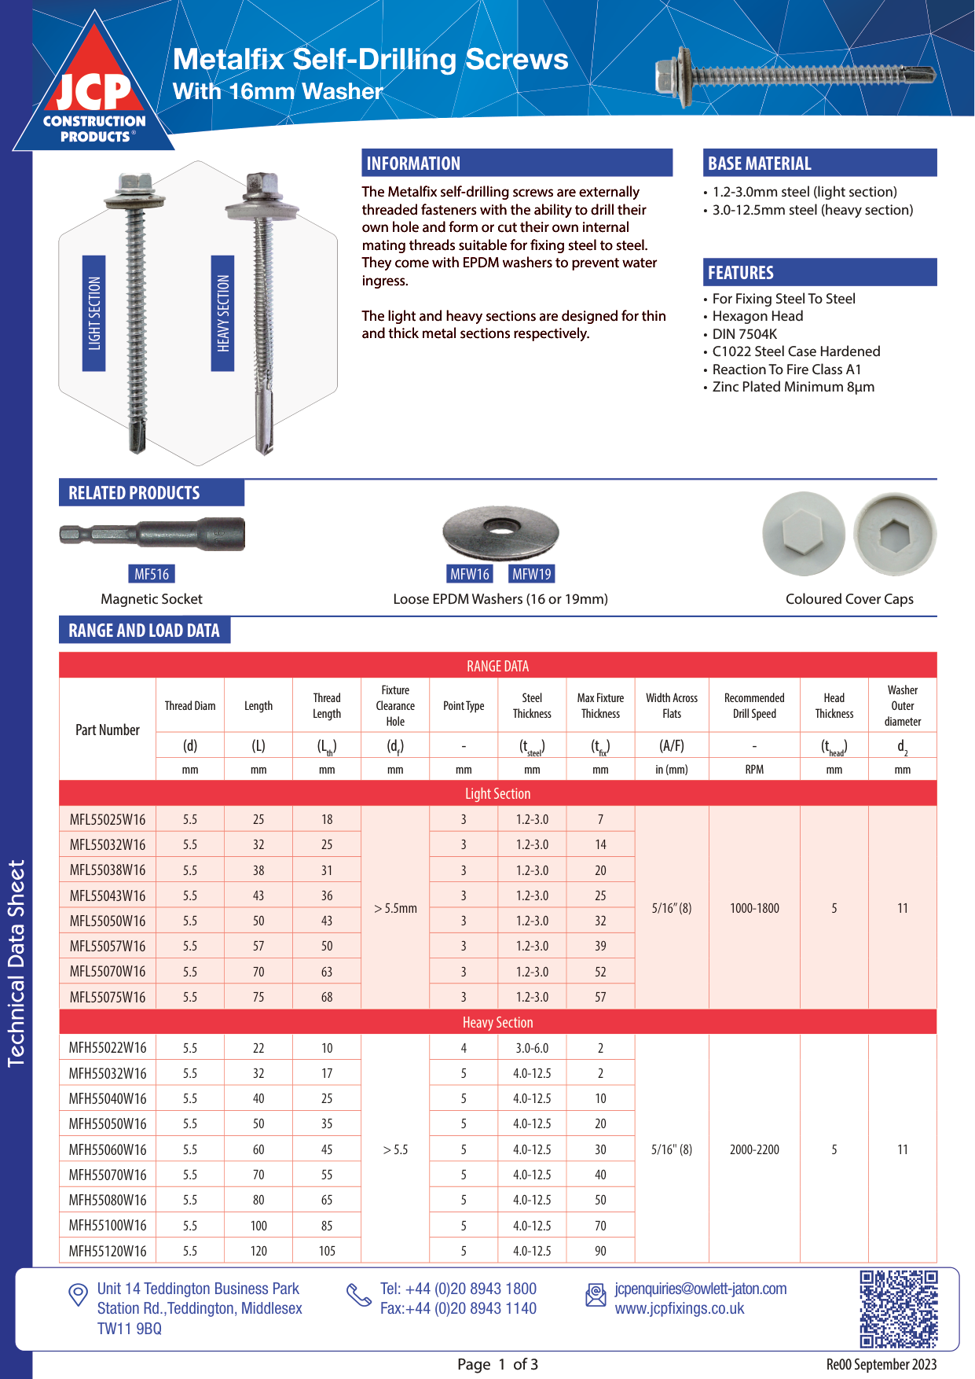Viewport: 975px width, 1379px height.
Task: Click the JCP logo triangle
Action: pyautogui.click(x=94, y=90)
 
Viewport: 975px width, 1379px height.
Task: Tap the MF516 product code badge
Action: pyautogui.click(x=152, y=574)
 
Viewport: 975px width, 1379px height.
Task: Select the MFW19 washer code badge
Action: pyautogui.click(x=532, y=574)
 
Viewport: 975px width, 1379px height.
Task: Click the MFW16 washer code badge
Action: pyautogui.click(x=470, y=574)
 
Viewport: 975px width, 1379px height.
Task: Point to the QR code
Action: pyautogui.click(x=898, y=1309)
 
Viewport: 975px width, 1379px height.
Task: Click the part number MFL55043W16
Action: pyautogui.click(x=108, y=895)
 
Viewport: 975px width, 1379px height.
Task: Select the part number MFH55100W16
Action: pyautogui.click(x=108, y=1226)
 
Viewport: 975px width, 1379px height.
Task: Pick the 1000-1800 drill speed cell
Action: pyautogui.click(x=754, y=908)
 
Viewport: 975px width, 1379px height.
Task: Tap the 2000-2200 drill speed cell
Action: pyautogui.click(x=754, y=1149)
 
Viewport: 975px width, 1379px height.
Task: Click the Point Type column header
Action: pyautogui.click(x=464, y=706)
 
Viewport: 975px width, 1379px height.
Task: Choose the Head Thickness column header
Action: pyautogui.click(x=834, y=706)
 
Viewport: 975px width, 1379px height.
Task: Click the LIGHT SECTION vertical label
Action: pyautogui.click(x=94, y=313)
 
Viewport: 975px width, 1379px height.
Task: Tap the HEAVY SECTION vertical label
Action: pyautogui.click(x=223, y=313)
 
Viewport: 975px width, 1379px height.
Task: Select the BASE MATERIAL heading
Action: pyautogui.click(x=760, y=164)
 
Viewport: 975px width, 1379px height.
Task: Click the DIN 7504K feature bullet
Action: pyautogui.click(x=744, y=334)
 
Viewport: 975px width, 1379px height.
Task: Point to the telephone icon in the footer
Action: pyautogui.click(x=359, y=1295)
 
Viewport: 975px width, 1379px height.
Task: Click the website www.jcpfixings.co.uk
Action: pyautogui.click(x=680, y=1308)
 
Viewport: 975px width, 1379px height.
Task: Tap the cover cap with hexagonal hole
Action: pyautogui.click(x=895, y=535)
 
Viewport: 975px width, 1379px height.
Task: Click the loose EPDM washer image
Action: pyautogui.click(x=500, y=532)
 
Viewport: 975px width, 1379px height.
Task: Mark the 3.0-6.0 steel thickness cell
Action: pyautogui.click(x=532, y=1048)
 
